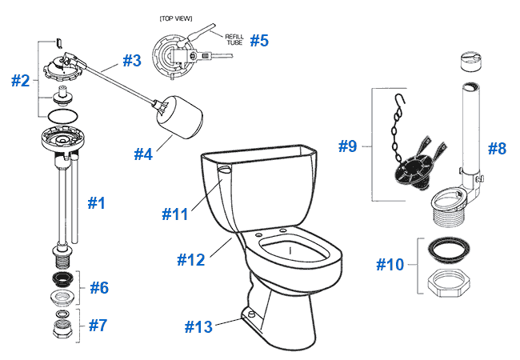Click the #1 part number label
tap(96, 203)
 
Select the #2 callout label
tap(21, 80)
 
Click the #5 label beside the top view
tap(258, 41)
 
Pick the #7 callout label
tap(97, 325)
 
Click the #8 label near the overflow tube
tap(498, 148)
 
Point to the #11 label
tap(177, 214)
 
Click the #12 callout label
tap(190, 259)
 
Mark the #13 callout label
tap(200, 326)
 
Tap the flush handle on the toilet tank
tap(225, 169)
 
